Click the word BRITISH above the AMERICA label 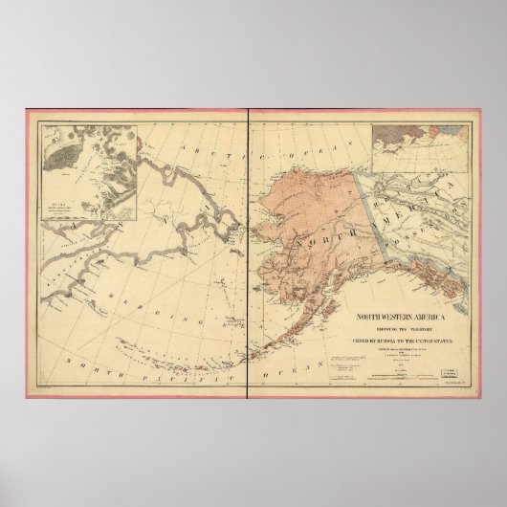click(402, 196)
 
